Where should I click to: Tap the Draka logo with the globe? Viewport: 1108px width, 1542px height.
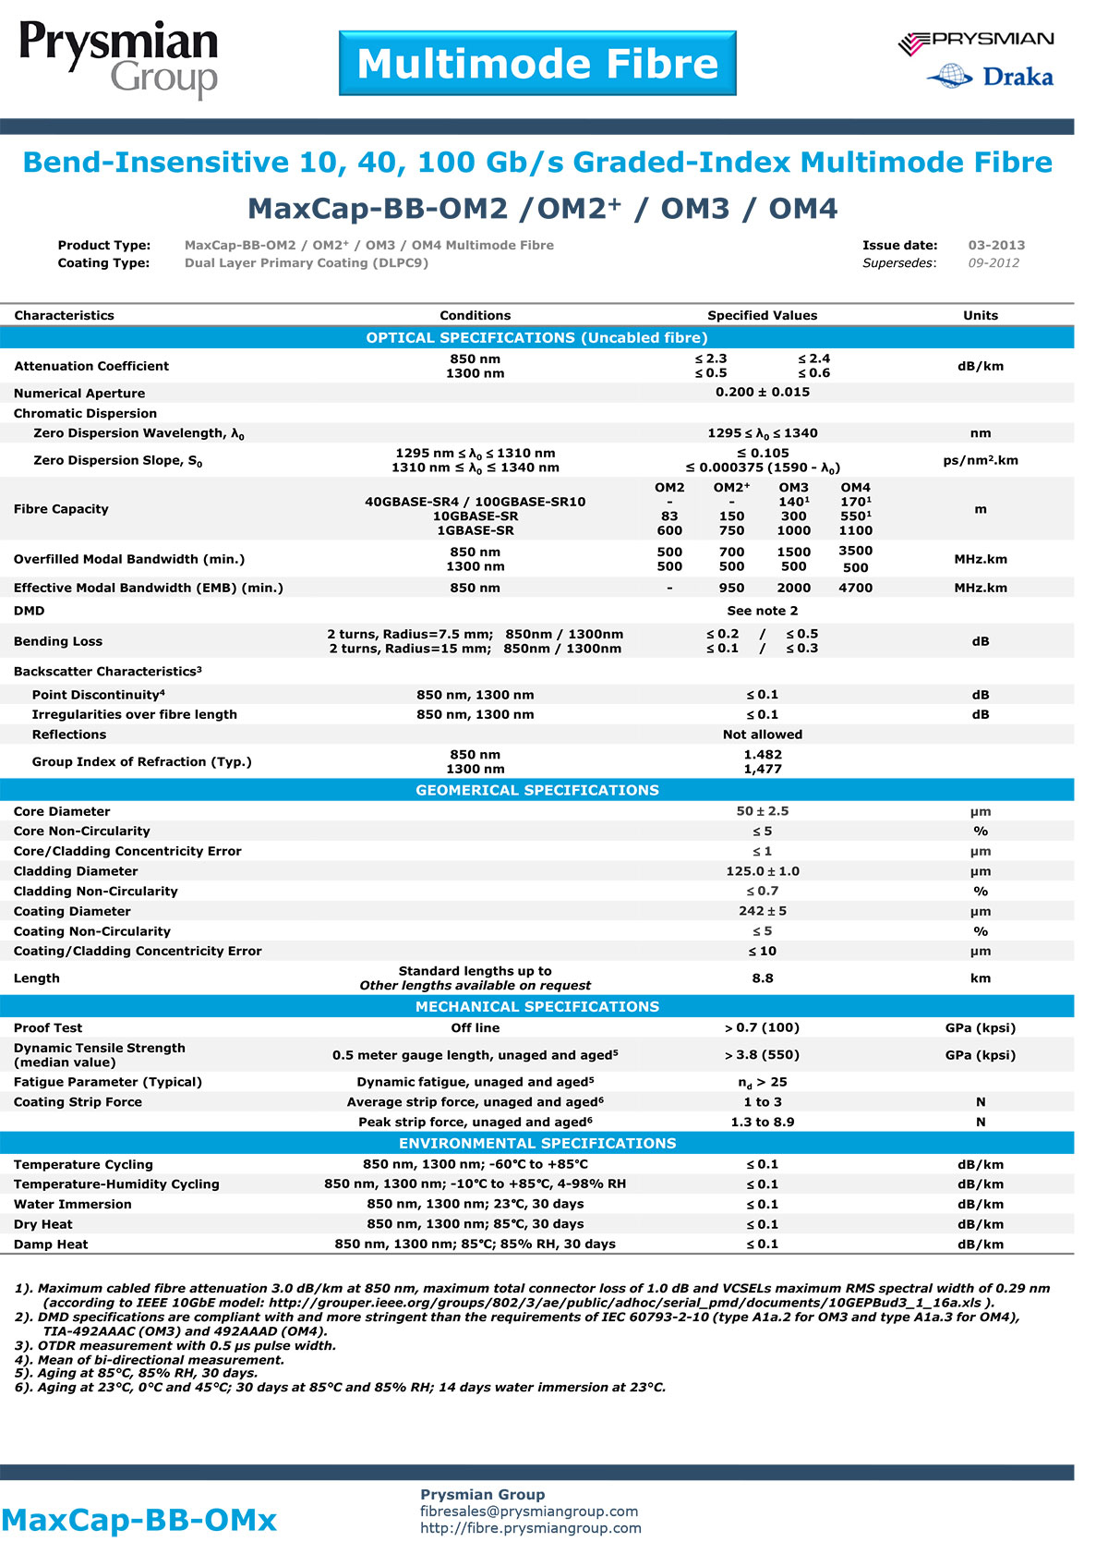tap(990, 77)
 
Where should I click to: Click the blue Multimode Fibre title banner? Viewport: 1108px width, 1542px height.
tap(537, 64)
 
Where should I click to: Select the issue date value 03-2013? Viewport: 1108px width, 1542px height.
tap(996, 245)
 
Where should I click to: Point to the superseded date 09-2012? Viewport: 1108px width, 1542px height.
tap(994, 263)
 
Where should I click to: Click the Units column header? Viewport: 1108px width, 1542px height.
tap(980, 315)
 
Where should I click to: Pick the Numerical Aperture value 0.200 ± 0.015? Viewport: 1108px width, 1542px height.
tap(762, 392)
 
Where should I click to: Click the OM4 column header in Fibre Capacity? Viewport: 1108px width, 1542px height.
tap(855, 487)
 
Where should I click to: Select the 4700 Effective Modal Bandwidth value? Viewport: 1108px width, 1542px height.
tap(855, 588)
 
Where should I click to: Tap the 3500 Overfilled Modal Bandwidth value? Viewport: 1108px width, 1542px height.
tap(855, 551)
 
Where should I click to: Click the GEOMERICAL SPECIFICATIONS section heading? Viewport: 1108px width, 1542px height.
tap(536, 790)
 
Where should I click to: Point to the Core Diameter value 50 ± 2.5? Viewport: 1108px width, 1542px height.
tap(762, 811)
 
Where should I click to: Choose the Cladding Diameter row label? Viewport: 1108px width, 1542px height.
tap(76, 871)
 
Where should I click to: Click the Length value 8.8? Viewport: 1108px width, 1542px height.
tap(762, 978)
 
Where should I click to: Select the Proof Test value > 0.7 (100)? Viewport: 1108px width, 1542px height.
tap(762, 1027)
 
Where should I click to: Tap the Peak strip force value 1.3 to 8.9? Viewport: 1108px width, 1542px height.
tap(762, 1122)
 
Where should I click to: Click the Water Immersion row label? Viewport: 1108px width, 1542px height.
tap(72, 1204)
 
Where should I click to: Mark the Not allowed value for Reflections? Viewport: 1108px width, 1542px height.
tap(762, 735)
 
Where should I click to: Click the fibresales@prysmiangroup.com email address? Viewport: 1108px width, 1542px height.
tap(529, 1512)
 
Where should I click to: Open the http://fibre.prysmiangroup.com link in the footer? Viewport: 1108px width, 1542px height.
tap(531, 1528)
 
